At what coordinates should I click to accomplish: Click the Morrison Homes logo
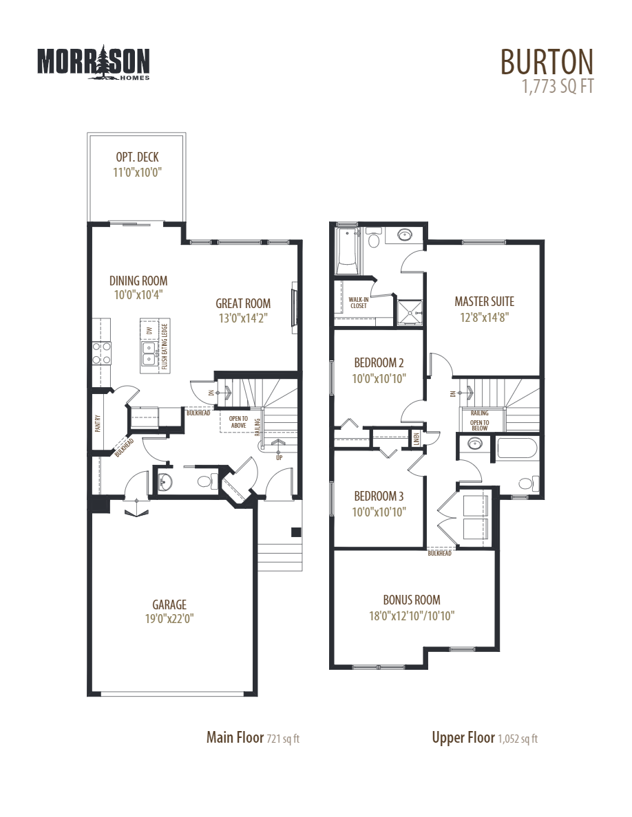93,63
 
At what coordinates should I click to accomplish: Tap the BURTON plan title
546,62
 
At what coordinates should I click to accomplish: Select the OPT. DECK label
137,157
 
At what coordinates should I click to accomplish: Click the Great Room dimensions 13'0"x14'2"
243,318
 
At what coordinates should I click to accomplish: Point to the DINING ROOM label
138,281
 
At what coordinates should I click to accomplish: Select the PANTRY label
98,422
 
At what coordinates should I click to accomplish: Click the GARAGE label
169,604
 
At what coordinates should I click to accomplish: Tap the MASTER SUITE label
484,301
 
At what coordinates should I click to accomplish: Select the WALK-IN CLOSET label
358,303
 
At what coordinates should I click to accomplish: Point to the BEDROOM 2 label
379,362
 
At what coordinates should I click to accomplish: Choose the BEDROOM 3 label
379,496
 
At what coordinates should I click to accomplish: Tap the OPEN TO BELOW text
480,425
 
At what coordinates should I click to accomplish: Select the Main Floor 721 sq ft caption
253,738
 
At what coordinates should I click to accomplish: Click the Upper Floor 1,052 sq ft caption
485,738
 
